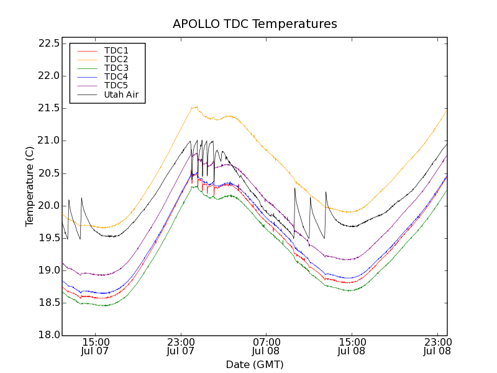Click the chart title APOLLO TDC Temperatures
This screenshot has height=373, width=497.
[255, 24]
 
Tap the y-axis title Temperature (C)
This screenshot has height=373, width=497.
[30, 186]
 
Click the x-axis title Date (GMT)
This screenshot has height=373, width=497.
[255, 364]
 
